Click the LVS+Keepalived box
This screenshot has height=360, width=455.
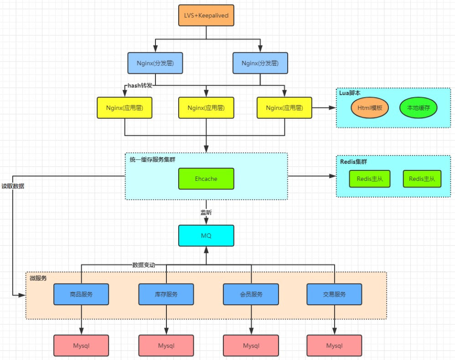coord(206,15)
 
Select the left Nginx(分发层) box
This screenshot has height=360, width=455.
coord(155,63)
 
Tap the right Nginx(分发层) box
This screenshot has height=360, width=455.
coord(260,63)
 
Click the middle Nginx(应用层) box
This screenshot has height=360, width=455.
coord(206,108)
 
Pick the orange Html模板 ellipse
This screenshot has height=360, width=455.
coord(370,108)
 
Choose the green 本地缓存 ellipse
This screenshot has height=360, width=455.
coord(418,108)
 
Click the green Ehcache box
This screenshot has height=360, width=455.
coord(206,179)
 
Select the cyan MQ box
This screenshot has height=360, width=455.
coord(206,236)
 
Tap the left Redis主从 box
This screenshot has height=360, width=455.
coord(370,179)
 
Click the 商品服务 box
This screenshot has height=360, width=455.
coord(81,294)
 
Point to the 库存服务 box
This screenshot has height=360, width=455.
coord(166,294)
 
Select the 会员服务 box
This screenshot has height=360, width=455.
coord(251,294)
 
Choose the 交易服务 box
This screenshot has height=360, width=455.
coord(334,294)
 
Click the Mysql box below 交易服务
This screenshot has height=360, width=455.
coord(334,346)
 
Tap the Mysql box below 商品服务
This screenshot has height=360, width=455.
coord(81,346)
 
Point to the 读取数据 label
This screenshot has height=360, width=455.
coord(13,186)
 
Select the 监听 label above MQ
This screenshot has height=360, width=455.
coord(206,212)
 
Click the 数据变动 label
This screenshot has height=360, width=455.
coord(144,265)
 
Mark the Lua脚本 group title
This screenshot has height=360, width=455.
coord(350,93)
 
